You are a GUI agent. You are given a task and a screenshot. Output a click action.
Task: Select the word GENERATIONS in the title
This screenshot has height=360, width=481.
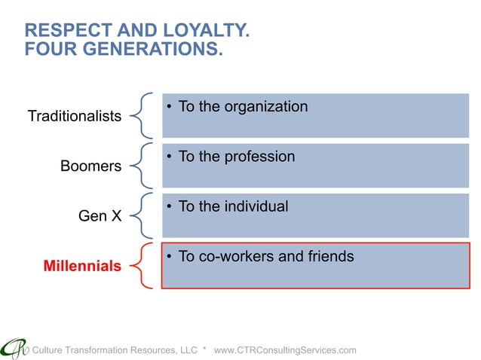click(152, 51)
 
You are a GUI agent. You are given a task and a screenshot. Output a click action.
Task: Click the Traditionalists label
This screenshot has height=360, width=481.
click(74, 116)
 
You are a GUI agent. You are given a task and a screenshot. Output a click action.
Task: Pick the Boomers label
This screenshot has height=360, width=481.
click(90, 166)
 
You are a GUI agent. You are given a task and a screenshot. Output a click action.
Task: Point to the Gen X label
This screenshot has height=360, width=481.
click(100, 216)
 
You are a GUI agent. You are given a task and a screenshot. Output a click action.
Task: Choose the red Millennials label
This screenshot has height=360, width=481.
click(82, 266)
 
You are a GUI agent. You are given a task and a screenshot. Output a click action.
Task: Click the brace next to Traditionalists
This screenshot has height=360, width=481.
click(140, 115)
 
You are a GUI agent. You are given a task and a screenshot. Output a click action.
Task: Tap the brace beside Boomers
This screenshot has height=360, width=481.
click(140, 165)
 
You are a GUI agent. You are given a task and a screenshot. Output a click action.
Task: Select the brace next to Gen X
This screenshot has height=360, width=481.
click(140, 215)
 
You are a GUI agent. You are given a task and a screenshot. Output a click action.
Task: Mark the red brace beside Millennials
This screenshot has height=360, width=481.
click(140, 265)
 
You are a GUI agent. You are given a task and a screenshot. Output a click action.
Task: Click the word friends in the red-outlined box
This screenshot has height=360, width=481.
click(329, 257)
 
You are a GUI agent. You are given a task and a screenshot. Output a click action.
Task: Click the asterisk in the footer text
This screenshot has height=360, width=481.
click(205, 350)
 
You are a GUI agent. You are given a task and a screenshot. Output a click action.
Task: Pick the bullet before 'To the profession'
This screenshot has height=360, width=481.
click(171, 157)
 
